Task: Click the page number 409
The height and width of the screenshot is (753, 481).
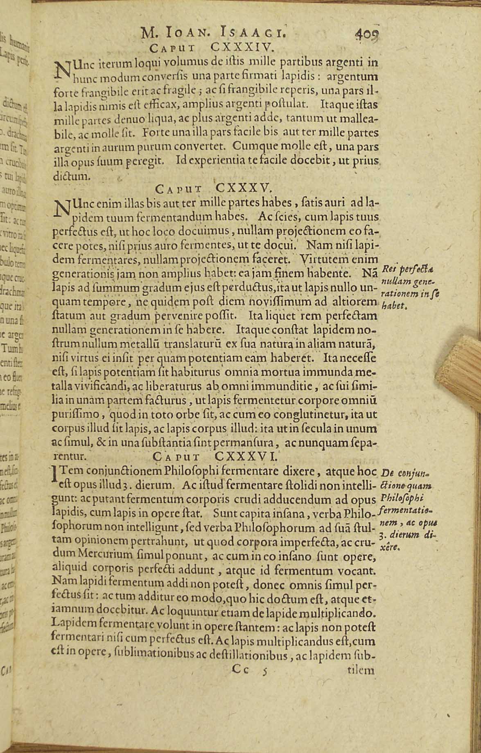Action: pyautogui.click(x=367, y=33)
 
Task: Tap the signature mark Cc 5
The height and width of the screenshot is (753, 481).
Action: pyautogui.click(x=249, y=670)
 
